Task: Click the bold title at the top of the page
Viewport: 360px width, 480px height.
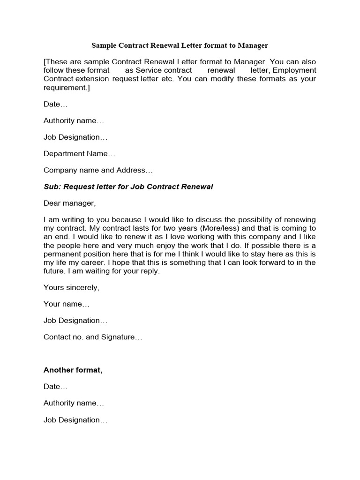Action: point(180,45)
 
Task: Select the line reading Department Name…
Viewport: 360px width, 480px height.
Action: point(79,154)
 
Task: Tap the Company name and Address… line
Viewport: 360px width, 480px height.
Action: point(98,170)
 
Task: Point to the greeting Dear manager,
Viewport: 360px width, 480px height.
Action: point(69,203)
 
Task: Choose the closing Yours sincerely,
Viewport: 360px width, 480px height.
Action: point(71,287)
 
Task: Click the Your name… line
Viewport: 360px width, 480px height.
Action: point(66,304)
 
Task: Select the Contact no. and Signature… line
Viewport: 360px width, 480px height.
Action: point(93,337)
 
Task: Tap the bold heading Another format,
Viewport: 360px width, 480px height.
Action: point(73,370)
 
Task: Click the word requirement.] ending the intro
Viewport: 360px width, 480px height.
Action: point(66,87)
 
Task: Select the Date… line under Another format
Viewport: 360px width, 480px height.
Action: point(55,387)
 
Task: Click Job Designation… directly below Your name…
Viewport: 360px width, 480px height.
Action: point(75,321)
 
